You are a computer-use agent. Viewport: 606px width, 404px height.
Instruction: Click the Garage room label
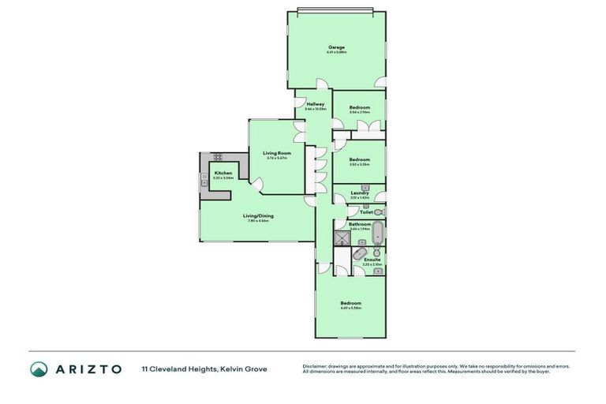[337, 47]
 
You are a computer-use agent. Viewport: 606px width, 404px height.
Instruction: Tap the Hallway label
[316, 104]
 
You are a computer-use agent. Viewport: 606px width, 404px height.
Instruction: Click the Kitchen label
[223, 173]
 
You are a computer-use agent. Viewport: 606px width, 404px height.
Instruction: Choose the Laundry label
[360, 192]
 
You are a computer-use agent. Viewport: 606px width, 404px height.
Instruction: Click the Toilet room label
[366, 212]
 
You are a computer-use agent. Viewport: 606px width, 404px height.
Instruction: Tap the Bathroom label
[360, 224]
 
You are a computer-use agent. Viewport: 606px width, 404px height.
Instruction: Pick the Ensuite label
[372, 259]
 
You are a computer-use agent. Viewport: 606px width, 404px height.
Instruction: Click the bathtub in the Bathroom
[378, 233]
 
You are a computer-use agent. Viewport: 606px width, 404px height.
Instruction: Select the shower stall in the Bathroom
[342, 238]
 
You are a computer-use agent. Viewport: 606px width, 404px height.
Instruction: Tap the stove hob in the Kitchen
[218, 157]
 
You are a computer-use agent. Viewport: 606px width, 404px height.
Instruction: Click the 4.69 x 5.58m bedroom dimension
[350, 308]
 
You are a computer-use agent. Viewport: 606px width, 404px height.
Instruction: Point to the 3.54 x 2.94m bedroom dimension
[360, 112]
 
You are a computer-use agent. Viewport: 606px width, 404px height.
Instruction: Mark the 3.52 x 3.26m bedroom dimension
[359, 164]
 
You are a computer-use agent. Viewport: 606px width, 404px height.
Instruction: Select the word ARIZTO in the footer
[88, 368]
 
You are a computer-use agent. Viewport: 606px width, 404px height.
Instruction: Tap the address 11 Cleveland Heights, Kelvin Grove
[204, 368]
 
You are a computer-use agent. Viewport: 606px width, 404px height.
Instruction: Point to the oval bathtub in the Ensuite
[359, 254]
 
